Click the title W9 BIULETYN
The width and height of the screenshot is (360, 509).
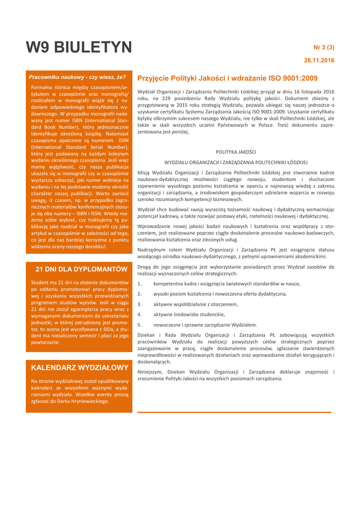[x=79, y=48]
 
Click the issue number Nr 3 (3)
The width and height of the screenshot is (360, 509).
[x=323, y=48]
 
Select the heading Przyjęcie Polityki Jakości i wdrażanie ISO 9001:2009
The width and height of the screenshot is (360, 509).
[x=227, y=79]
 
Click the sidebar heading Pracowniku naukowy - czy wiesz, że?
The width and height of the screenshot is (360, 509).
[x=77, y=77]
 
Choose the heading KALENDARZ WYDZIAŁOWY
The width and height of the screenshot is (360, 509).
[x=80, y=367]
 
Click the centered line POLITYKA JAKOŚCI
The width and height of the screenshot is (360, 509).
[x=236, y=152]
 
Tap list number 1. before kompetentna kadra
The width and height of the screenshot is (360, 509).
[x=140, y=284]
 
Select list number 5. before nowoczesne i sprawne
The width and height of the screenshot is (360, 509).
[x=140, y=325]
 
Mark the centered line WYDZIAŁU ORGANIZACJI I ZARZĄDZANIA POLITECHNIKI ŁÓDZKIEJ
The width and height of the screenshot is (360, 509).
[x=236, y=162]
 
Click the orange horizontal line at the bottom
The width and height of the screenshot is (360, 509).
[x=234, y=412]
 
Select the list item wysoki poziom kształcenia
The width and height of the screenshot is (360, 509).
[x=220, y=294]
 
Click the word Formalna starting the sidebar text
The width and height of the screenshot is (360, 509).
[x=44, y=87]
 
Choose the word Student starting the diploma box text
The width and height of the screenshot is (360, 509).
[x=41, y=282]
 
